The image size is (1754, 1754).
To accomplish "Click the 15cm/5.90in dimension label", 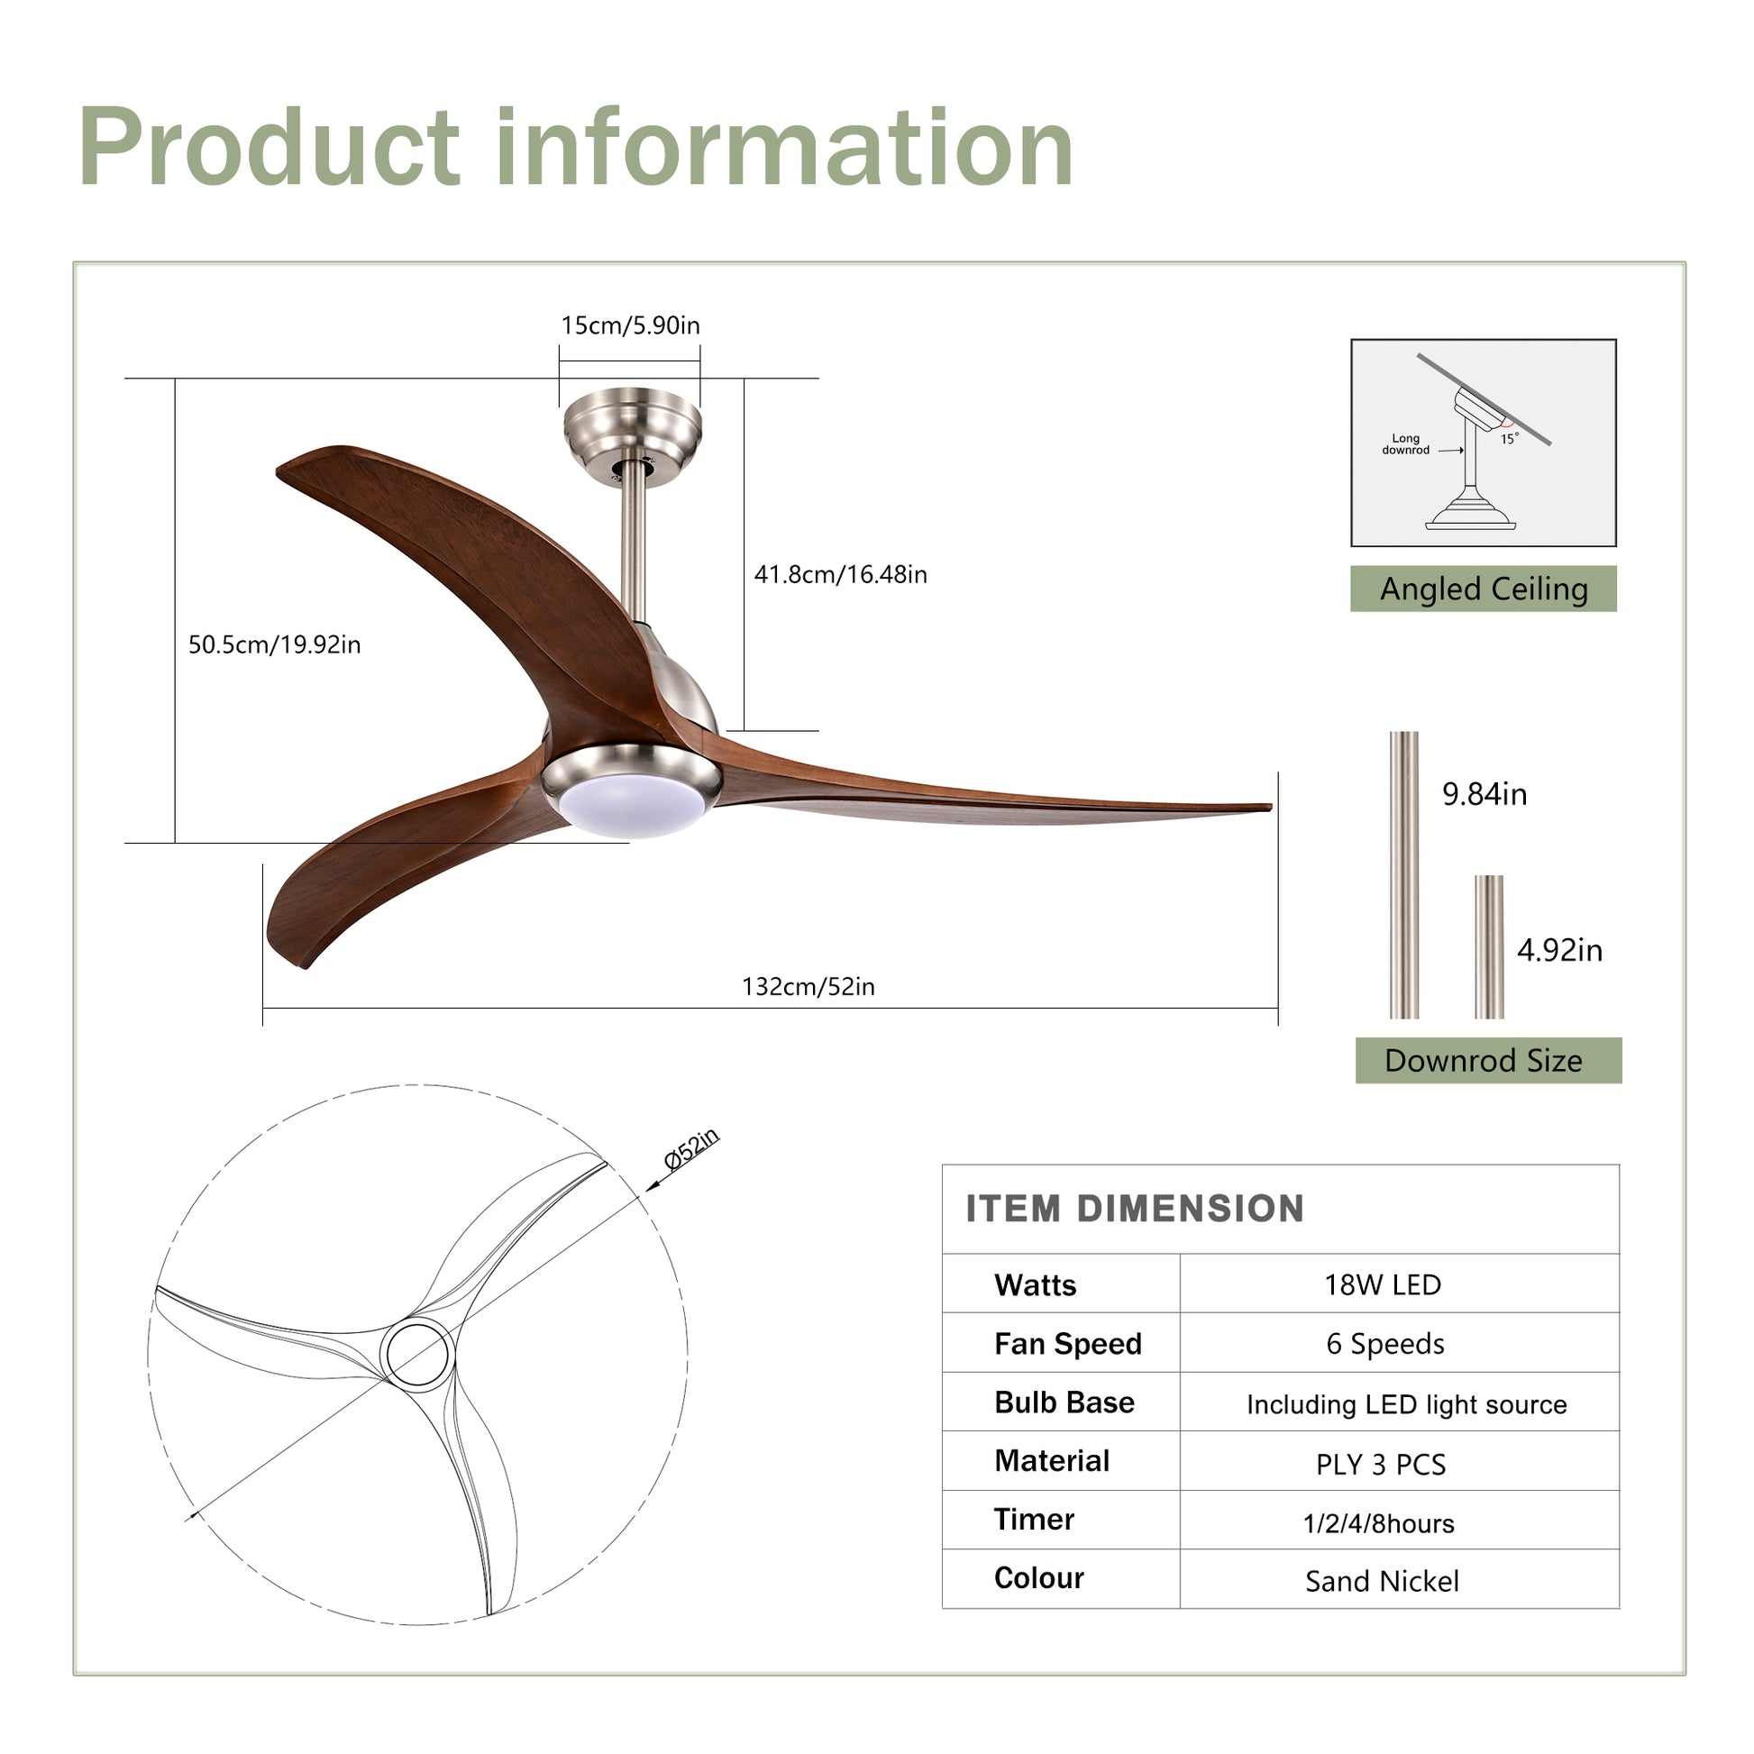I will [630, 325].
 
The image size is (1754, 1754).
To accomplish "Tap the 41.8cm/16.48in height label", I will [840, 574].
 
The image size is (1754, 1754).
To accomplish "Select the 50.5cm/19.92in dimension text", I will [274, 644].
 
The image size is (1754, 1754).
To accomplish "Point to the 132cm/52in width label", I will [808, 987].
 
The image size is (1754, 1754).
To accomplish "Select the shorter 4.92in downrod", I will [1489, 946].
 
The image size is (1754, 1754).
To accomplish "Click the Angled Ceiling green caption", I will [1484, 589].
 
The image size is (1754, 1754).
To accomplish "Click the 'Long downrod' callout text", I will [1405, 444].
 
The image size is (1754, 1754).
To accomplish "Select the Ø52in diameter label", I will [692, 1150].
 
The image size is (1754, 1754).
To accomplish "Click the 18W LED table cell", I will [1382, 1284].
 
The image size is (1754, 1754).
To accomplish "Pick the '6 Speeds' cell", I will [1384, 1344].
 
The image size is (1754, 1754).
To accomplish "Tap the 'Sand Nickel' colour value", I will [1382, 1582].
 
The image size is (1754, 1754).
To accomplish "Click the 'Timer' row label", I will [1034, 1520].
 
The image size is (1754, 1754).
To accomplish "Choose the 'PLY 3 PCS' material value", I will [1380, 1465].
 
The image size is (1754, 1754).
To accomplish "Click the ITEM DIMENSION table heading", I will [1135, 1210].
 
